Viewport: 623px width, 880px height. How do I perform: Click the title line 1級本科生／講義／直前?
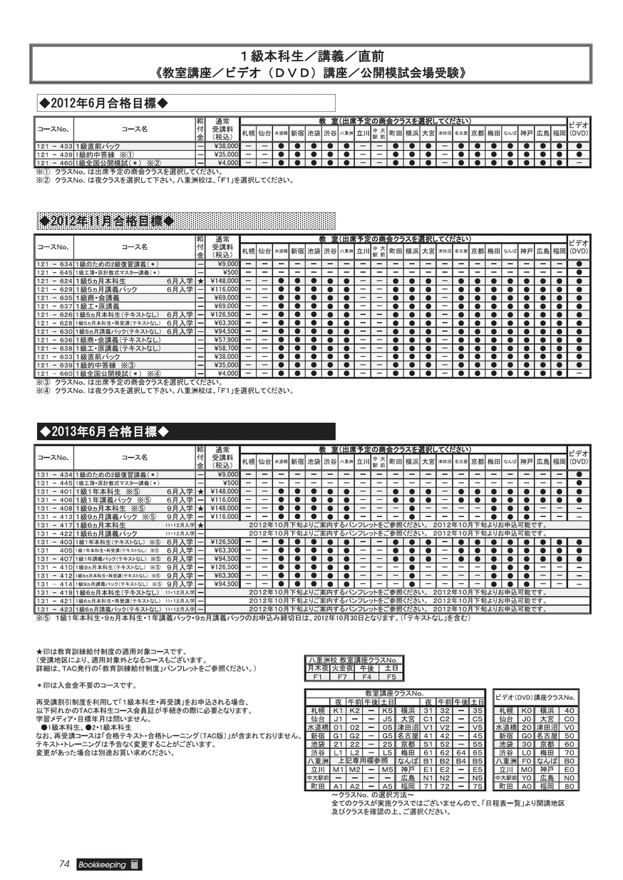[x=311, y=56]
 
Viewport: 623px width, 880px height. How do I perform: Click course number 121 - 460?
[x=55, y=163]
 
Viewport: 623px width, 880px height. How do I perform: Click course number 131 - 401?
[x=55, y=491]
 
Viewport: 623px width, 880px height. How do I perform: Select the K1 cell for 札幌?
[x=338, y=711]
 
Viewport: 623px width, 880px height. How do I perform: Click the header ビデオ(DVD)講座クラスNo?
[x=535, y=697]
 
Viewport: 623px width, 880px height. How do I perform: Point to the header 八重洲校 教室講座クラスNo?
[x=354, y=660]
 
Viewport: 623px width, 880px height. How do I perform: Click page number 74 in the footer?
[x=64, y=864]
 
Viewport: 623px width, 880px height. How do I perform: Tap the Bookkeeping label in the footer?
[x=102, y=865]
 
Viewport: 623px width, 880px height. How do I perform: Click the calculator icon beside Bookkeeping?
[x=135, y=864]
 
